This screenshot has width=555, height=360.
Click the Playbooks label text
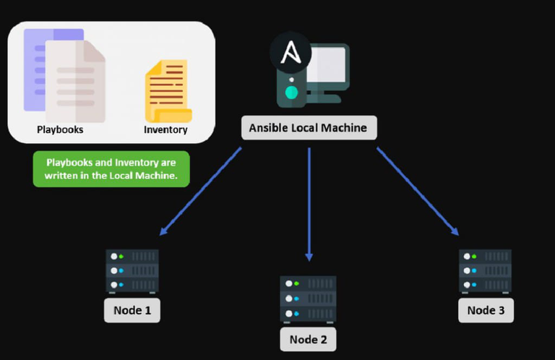(x=60, y=130)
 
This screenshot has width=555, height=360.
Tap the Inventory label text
(x=165, y=130)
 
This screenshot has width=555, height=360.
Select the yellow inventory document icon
(x=168, y=91)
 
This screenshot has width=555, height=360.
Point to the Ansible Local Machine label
(x=309, y=128)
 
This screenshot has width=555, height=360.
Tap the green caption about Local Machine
(x=111, y=169)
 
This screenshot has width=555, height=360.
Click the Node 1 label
(x=132, y=311)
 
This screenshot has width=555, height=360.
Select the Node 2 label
(x=309, y=339)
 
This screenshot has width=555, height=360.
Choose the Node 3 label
(x=486, y=310)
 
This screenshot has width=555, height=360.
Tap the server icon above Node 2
(x=309, y=298)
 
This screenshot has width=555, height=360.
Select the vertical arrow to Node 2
(x=309, y=202)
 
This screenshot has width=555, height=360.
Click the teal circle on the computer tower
(x=291, y=92)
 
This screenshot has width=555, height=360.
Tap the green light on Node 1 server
(x=121, y=257)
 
